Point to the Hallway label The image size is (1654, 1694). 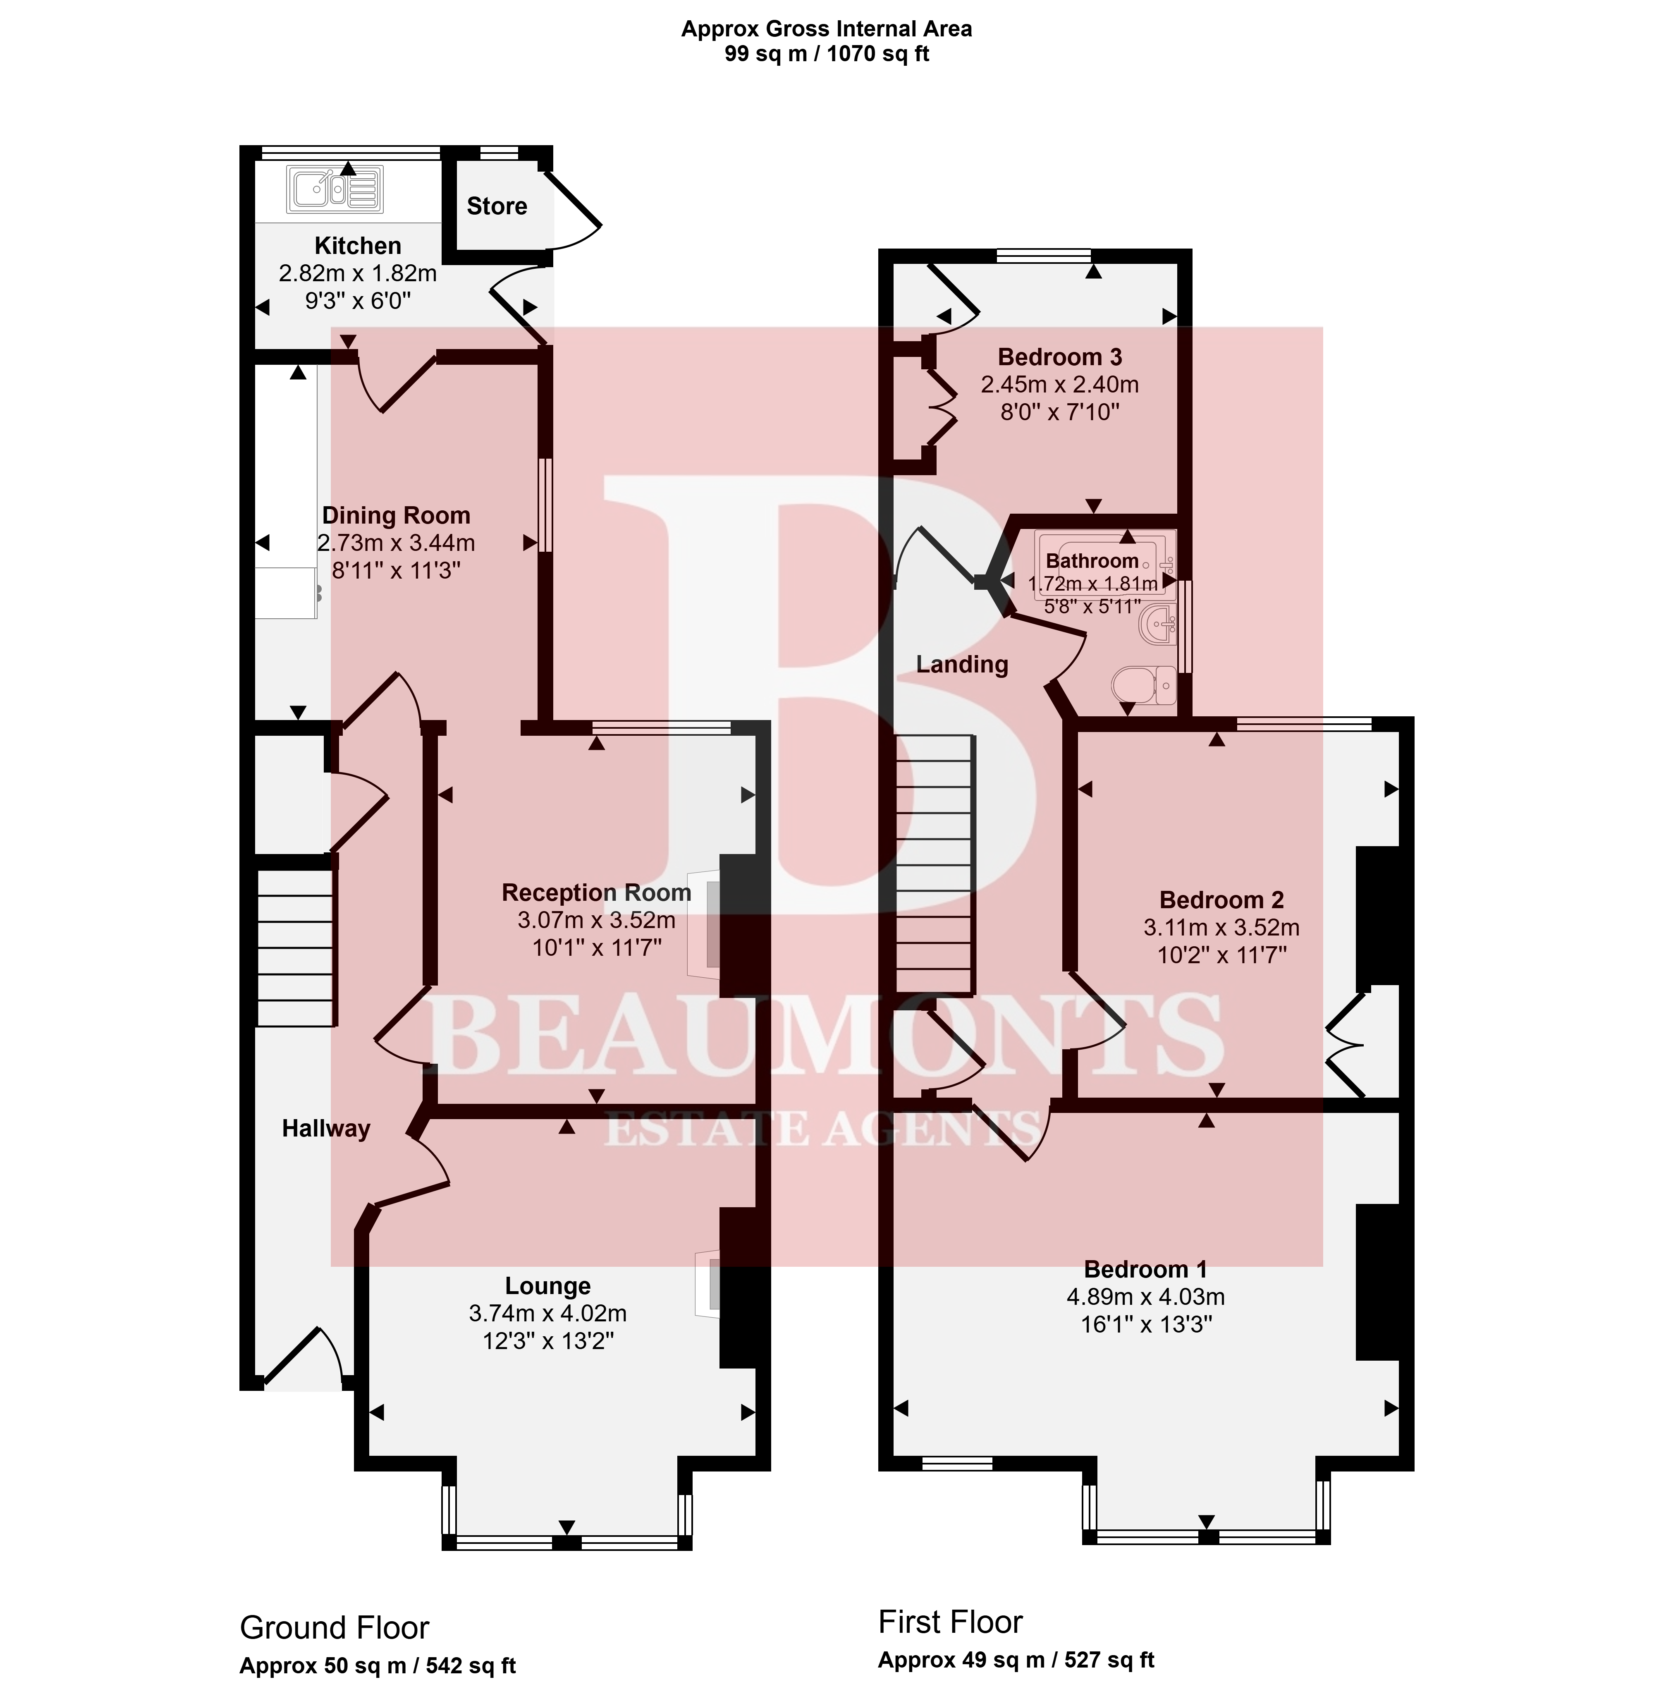(326, 1129)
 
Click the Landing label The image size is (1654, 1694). (962, 665)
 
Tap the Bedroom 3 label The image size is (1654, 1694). (1060, 357)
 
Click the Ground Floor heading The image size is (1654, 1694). (335, 1627)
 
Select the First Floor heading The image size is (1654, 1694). (950, 1622)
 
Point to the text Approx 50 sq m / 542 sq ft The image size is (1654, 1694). (378, 1665)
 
